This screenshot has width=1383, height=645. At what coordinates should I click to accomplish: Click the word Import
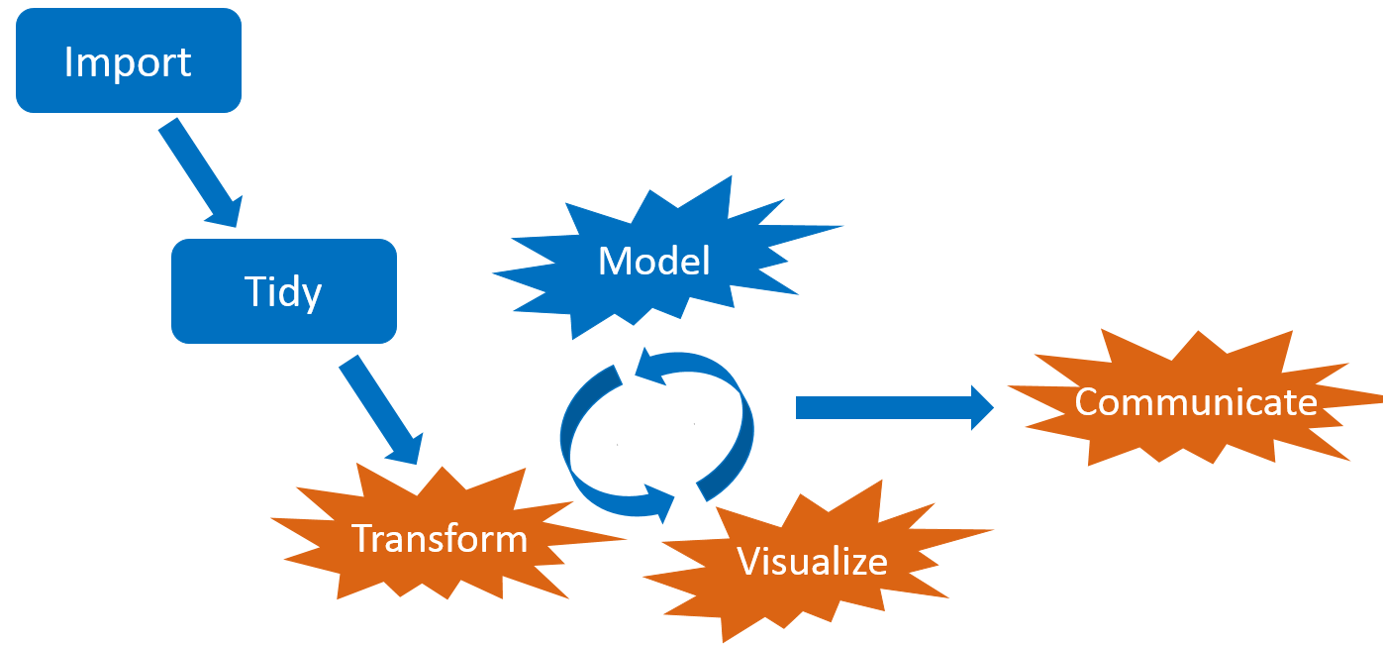(x=128, y=62)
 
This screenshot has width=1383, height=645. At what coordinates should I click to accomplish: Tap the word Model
(x=654, y=261)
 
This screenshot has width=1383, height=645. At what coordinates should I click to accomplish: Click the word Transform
(x=440, y=539)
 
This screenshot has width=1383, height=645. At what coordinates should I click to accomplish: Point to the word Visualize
(x=812, y=562)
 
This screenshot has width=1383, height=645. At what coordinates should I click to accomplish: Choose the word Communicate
(x=1196, y=402)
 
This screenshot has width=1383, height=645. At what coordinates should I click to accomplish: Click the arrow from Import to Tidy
(x=195, y=166)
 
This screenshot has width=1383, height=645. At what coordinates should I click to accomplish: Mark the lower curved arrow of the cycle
(x=604, y=476)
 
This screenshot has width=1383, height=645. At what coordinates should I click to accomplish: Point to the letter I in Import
(x=68, y=62)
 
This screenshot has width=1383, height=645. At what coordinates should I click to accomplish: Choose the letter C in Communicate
(x=1088, y=402)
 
